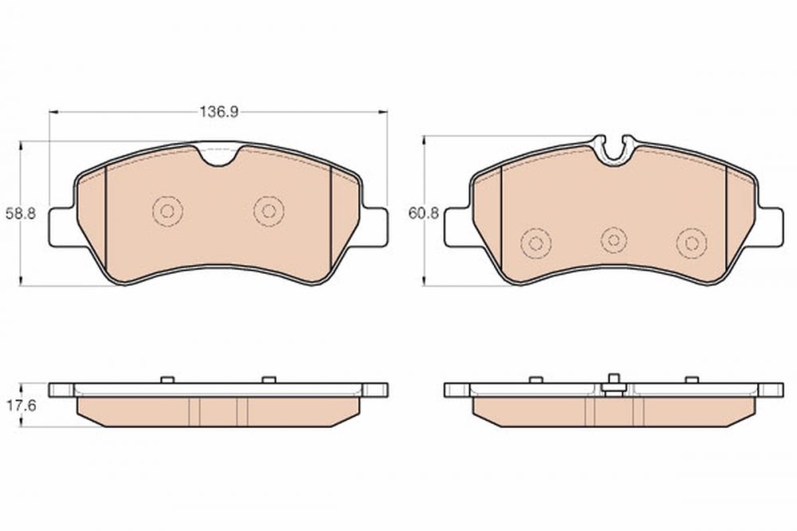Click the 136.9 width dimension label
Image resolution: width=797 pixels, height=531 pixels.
click(x=218, y=112)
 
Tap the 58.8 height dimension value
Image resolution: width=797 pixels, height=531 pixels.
click(x=21, y=214)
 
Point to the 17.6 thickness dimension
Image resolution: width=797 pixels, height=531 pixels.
click(x=21, y=406)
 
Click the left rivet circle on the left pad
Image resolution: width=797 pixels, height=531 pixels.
click(x=167, y=211)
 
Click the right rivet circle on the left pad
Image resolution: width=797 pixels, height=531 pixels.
click(x=269, y=211)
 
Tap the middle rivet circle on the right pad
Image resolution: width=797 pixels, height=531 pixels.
click(x=614, y=240)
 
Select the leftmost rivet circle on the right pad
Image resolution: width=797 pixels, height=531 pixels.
click(x=536, y=244)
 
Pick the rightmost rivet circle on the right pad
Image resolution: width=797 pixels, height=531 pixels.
click(x=692, y=244)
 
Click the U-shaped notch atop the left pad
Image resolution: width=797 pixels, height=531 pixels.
click(x=218, y=157)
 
